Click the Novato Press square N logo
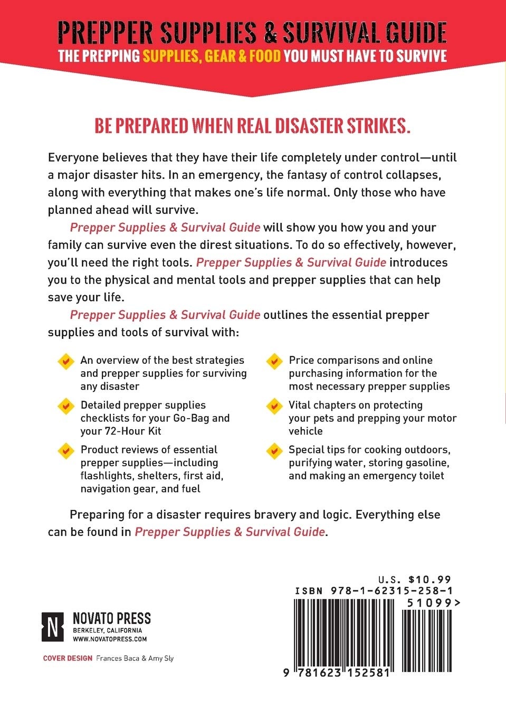tap(52, 627)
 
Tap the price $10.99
tap(429, 580)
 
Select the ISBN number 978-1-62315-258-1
tap(392, 591)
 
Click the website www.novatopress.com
tap(110, 639)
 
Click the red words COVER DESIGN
tap(68, 658)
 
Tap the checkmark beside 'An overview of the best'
tap(65, 362)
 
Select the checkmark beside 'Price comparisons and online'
tap(274, 362)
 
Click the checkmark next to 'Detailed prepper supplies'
tap(65, 406)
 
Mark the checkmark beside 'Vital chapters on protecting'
tap(274, 406)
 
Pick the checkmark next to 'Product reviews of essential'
tap(65, 451)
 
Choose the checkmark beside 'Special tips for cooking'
tap(274, 451)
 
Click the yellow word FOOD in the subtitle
tap(265, 56)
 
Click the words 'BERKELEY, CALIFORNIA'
tap(107, 630)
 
